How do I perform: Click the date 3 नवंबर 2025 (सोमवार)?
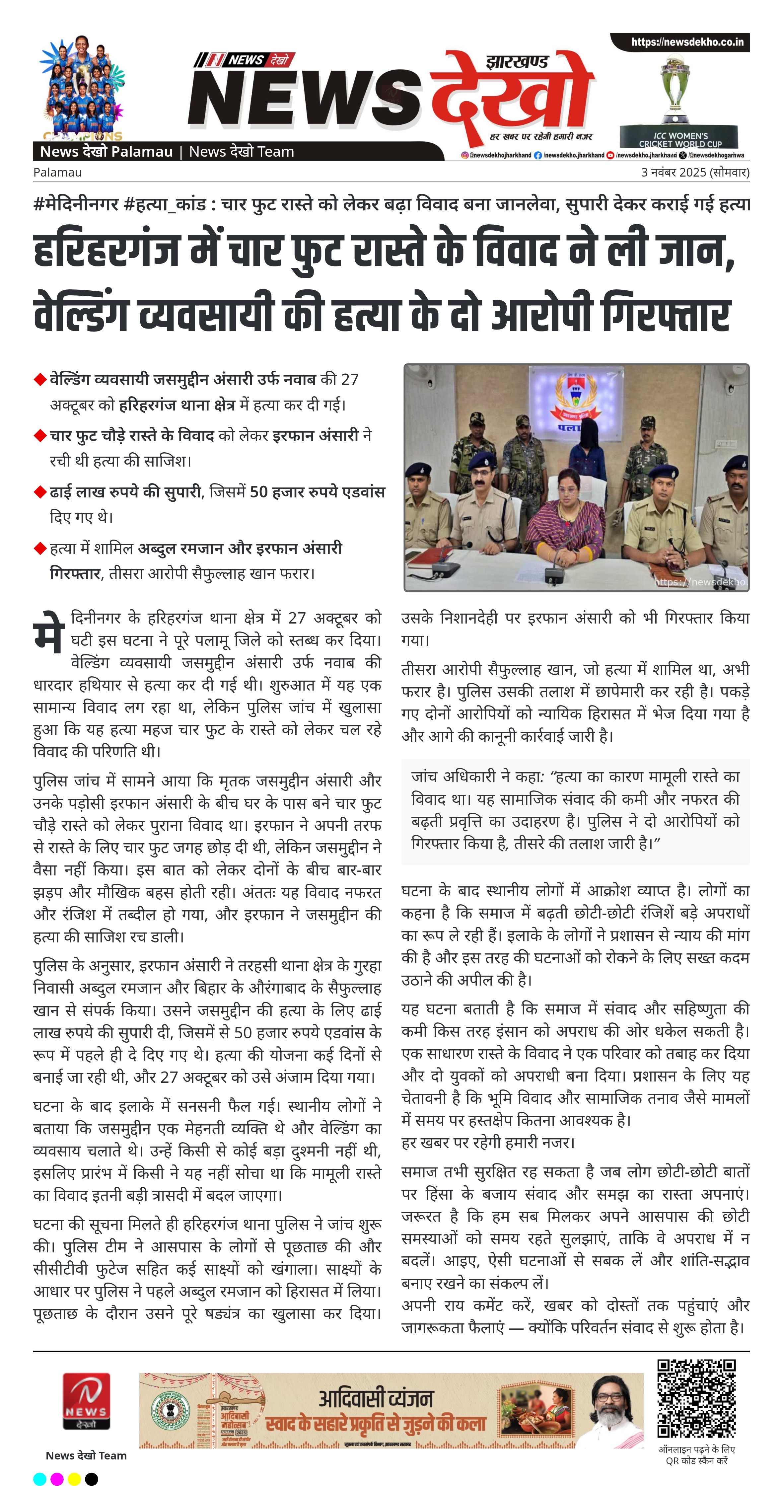(695, 172)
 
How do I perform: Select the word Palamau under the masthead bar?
(58, 172)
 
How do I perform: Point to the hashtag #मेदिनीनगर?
(76, 204)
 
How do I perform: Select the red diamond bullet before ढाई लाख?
(40, 492)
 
